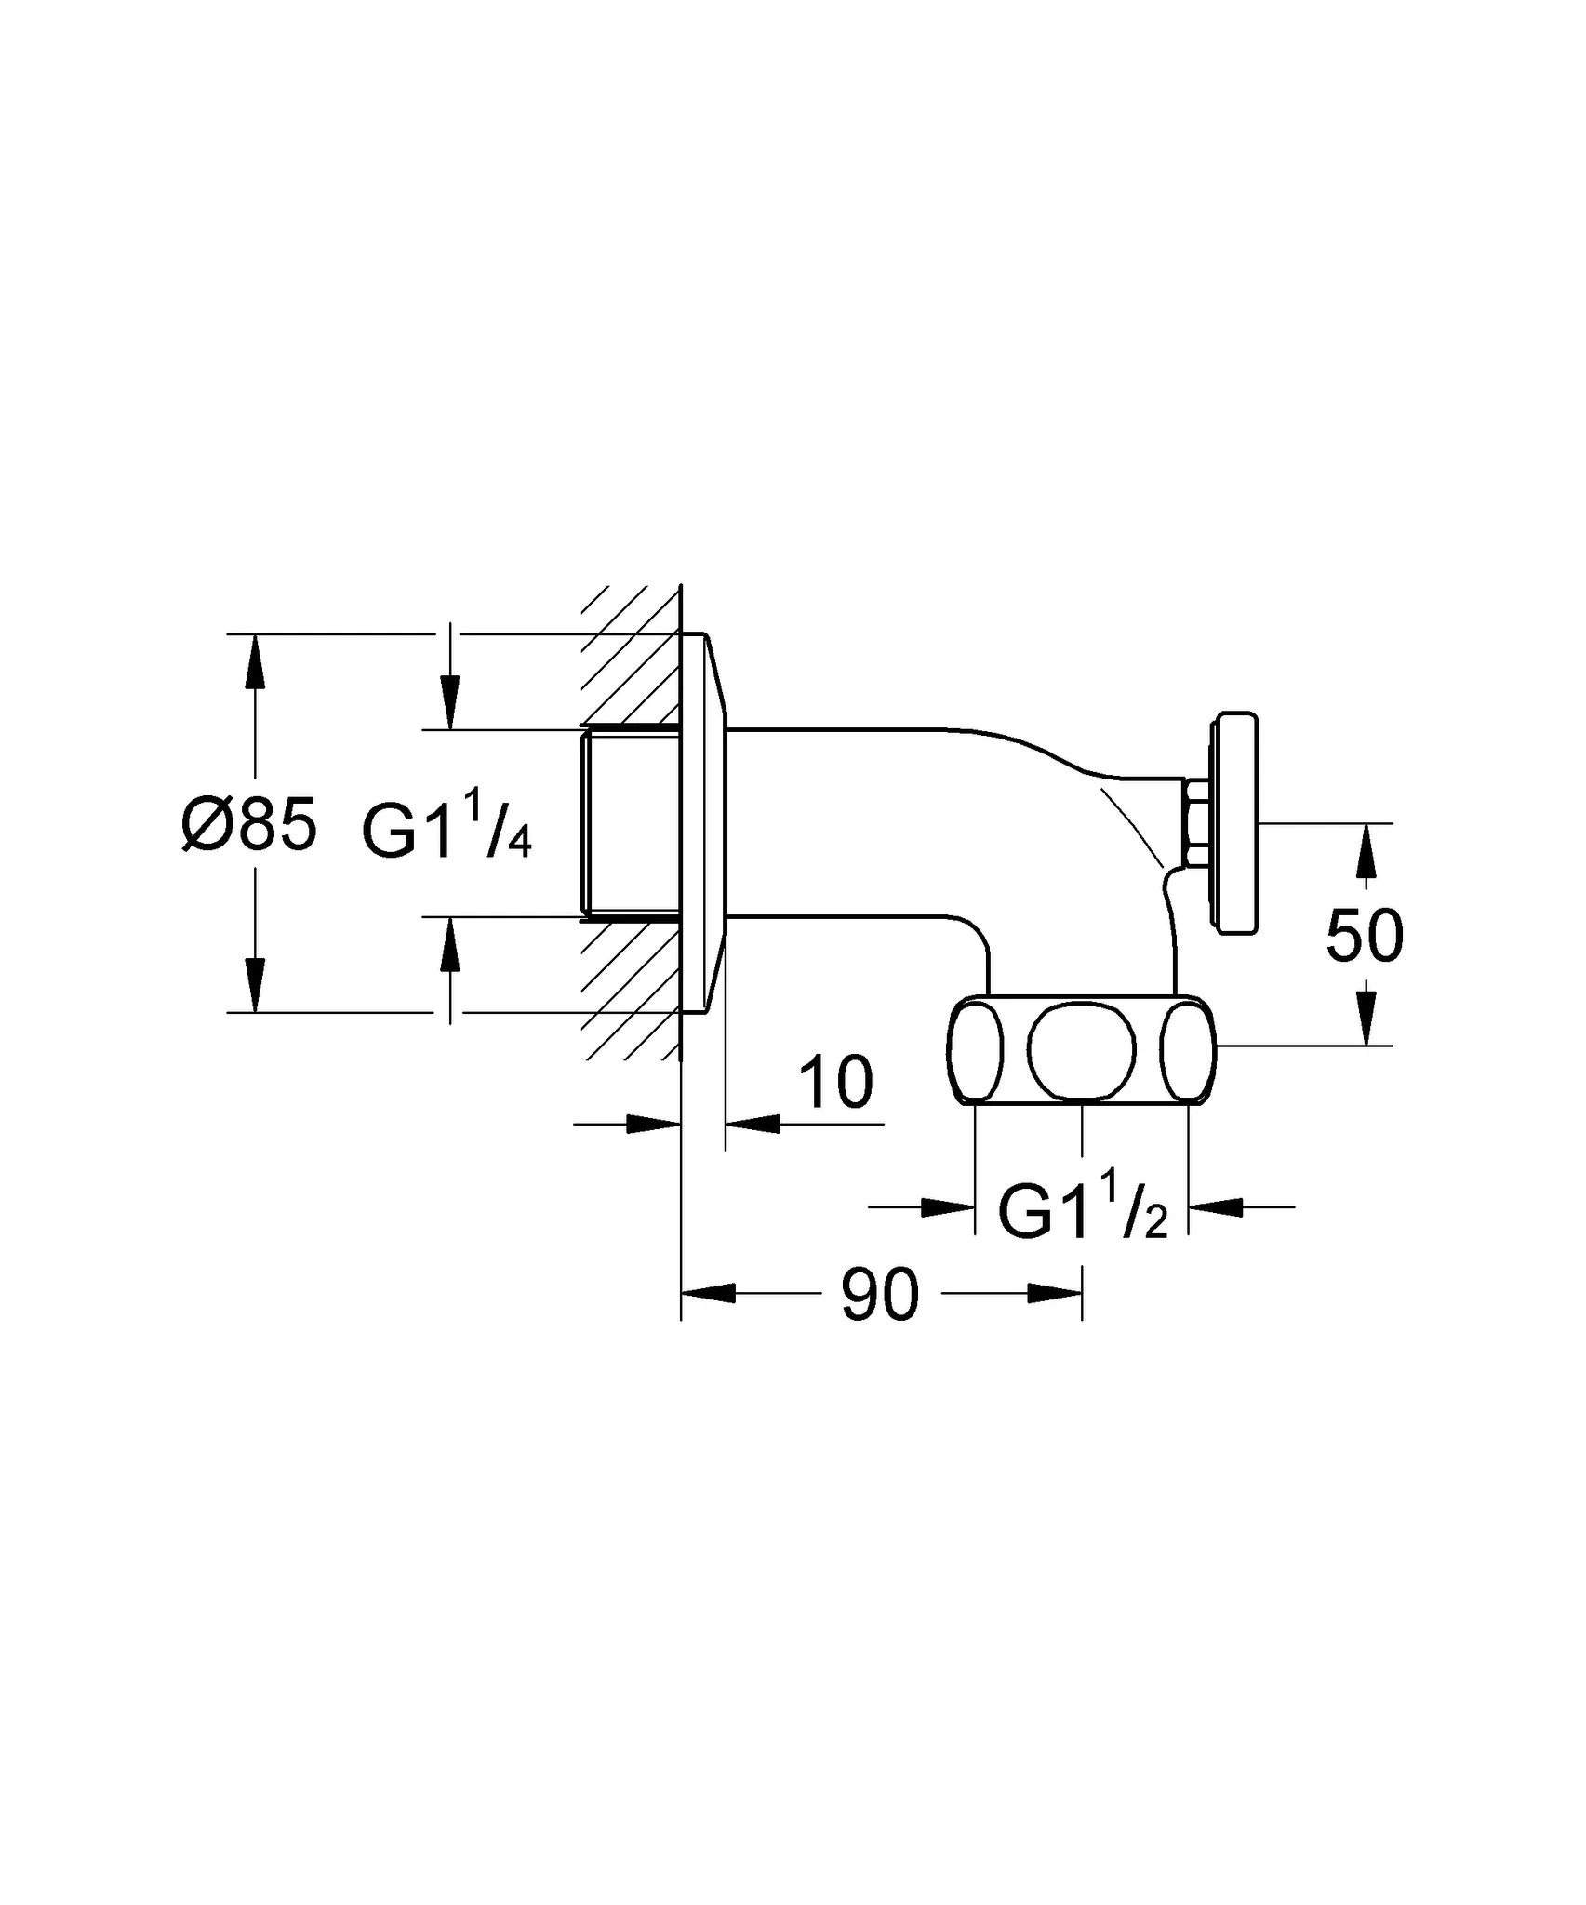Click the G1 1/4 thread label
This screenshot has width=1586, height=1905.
tap(446, 831)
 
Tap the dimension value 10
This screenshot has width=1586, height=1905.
tap(836, 1083)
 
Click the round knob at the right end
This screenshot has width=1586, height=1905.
tap(1236, 821)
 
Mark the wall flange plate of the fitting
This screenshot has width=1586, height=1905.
tap(703, 822)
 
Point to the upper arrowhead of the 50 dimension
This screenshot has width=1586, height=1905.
tap(1365, 851)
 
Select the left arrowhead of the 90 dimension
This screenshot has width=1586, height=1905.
tap(710, 1293)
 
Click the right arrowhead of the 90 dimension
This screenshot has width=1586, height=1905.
tap(1055, 1293)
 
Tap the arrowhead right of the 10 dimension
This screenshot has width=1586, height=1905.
tap(752, 1124)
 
